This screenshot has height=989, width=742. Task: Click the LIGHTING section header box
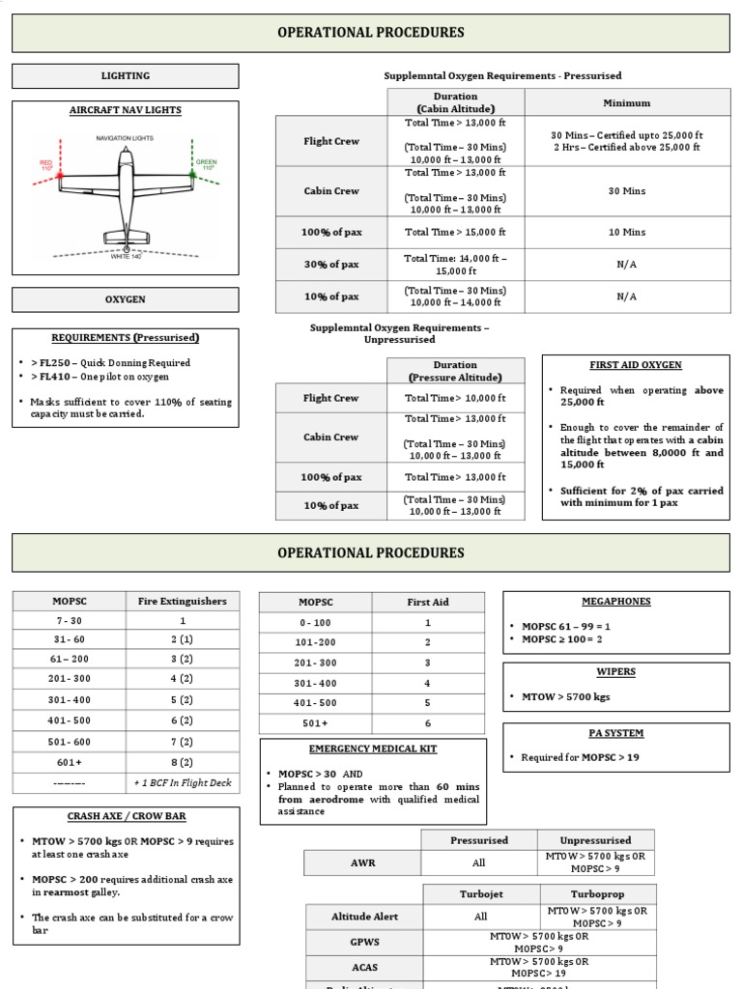(x=125, y=76)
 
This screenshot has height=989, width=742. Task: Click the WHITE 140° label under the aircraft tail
(x=125, y=257)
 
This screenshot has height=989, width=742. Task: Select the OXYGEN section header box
(x=125, y=300)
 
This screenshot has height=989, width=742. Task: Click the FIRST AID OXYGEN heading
(x=635, y=366)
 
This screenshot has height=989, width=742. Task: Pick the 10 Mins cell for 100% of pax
(x=626, y=233)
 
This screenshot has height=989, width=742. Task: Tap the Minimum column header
(x=626, y=102)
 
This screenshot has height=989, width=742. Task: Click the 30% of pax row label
(x=330, y=266)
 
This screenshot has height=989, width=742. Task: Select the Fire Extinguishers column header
(x=183, y=602)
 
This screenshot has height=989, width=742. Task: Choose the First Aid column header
(x=427, y=603)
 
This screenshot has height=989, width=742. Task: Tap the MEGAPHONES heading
(x=615, y=602)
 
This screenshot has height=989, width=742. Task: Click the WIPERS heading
(x=615, y=672)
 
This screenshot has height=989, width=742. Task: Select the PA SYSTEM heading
(x=615, y=734)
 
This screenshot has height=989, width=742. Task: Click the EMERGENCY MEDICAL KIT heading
(x=359, y=749)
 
